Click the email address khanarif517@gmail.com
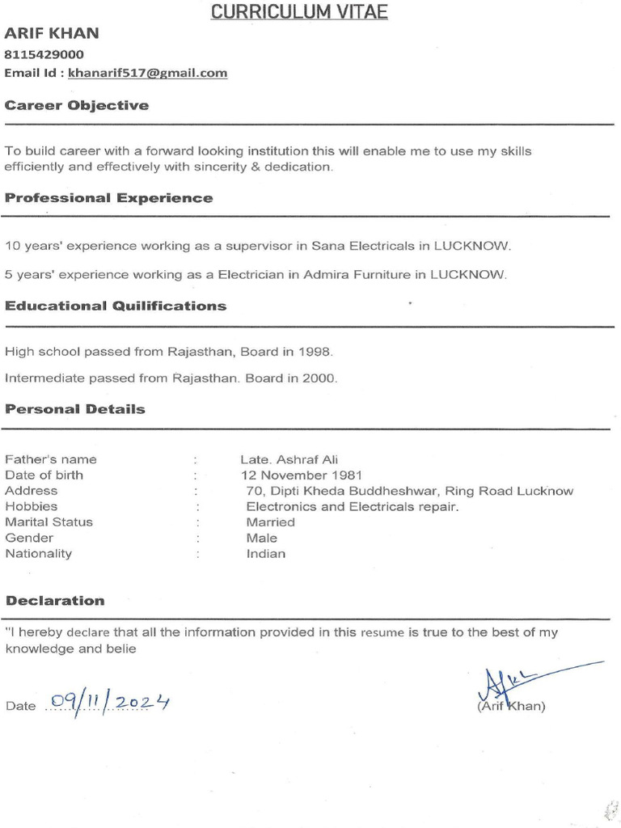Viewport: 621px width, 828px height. (x=148, y=73)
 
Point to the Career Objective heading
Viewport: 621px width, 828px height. (x=77, y=105)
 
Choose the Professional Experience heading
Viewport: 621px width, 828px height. (x=109, y=198)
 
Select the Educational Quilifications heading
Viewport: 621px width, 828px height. (x=116, y=306)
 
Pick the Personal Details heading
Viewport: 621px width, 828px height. (x=75, y=409)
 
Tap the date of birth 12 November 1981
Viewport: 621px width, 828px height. (x=302, y=475)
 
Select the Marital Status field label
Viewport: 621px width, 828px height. (x=49, y=522)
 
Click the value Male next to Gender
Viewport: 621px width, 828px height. (x=262, y=538)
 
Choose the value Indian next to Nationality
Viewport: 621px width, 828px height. (x=266, y=554)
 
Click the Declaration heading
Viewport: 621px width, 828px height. (x=55, y=601)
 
